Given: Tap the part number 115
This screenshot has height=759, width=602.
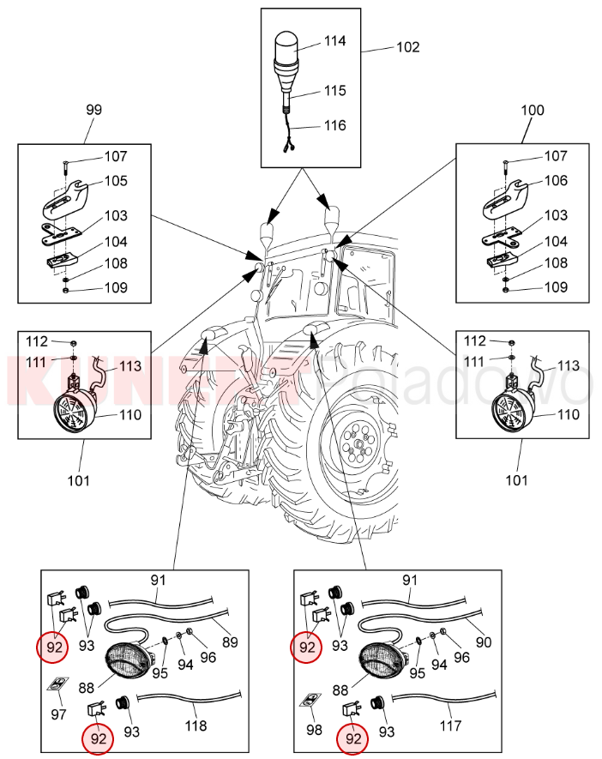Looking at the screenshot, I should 334,90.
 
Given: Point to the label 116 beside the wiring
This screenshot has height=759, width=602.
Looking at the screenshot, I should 334,125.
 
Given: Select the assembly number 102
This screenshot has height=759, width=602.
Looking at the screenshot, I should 408,47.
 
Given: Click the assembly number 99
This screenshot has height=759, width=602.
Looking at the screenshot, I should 93,111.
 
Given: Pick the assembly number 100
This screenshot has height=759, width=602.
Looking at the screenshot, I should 533,111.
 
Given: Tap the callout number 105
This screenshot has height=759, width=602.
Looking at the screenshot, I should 116,181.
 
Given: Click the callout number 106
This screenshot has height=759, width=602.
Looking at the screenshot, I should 556,181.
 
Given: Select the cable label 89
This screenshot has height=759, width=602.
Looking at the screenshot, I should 230,642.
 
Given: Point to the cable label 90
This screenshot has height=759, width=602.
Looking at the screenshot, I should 482,642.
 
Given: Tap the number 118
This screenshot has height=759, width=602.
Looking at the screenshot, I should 196,726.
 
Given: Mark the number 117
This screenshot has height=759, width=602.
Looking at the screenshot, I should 450,726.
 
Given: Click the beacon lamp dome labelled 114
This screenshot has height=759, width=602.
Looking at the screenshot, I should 285,45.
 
